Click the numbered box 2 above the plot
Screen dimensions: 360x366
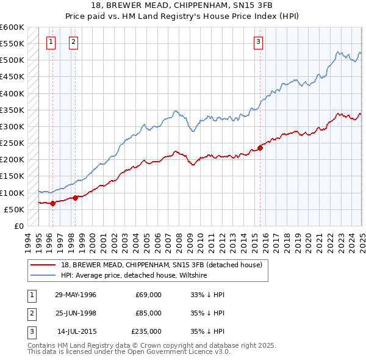(73, 42)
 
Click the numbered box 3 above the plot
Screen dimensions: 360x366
(259, 42)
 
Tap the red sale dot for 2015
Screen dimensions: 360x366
(260, 147)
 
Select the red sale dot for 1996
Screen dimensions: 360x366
(52, 203)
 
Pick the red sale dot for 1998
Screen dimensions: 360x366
(75, 197)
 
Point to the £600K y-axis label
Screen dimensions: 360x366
(12, 27)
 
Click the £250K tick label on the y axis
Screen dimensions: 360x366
(12, 143)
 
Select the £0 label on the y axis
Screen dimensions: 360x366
(19, 226)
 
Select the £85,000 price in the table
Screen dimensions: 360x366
(149, 313)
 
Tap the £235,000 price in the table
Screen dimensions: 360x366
(147, 331)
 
